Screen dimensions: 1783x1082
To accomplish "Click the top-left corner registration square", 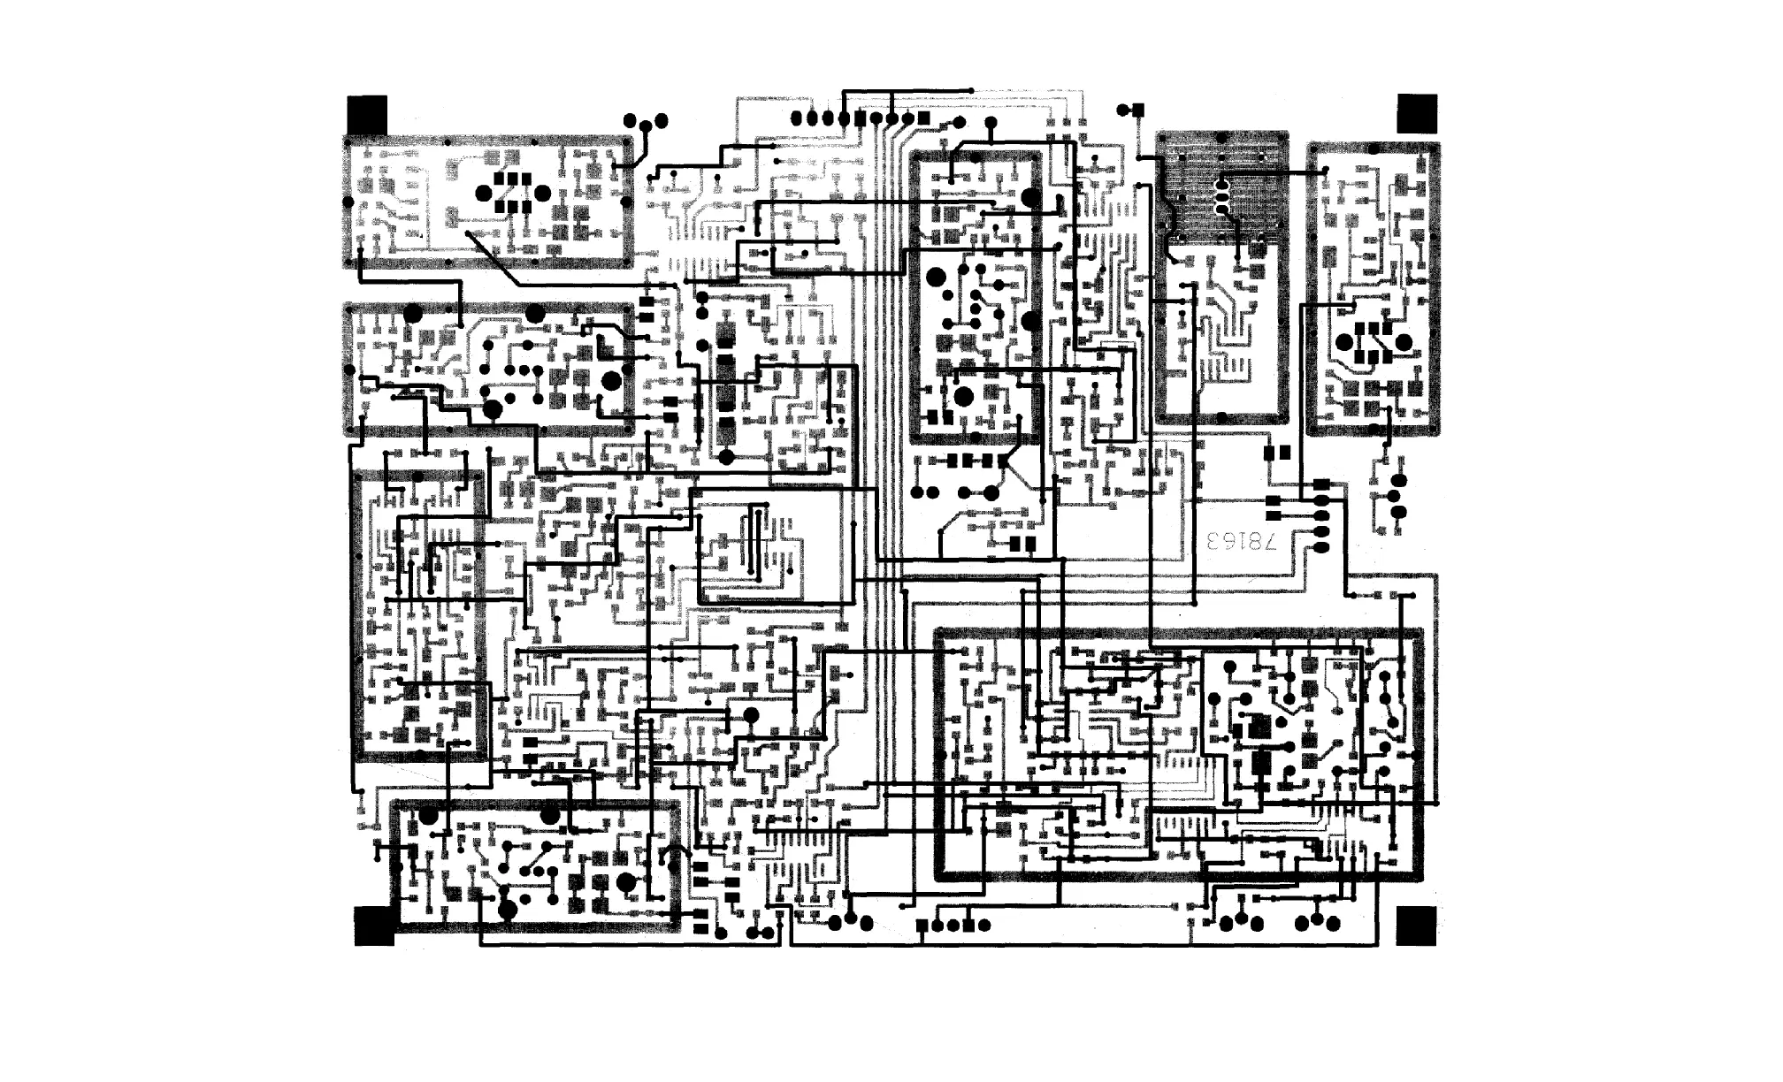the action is coord(367,114).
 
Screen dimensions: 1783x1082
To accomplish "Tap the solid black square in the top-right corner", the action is coord(1417,112).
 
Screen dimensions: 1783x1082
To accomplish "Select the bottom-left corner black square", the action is coord(373,926).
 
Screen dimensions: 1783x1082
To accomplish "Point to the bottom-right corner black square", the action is coord(1417,926).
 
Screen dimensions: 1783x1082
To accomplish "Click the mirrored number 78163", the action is coord(1249,541).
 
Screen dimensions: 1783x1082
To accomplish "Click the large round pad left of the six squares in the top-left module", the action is coord(484,193).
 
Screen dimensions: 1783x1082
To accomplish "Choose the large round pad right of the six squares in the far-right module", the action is coord(1404,341).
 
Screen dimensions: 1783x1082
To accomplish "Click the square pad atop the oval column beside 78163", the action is coord(1321,484).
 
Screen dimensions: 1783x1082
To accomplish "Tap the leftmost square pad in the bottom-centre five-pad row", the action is coord(922,926).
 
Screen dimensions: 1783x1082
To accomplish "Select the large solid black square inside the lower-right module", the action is coord(1257,728).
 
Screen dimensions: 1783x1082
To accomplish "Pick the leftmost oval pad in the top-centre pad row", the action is coord(796,118).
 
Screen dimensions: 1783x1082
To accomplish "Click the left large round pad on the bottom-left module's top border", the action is coord(429,815).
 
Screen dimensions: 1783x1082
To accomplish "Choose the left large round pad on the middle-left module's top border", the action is coord(412,313).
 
